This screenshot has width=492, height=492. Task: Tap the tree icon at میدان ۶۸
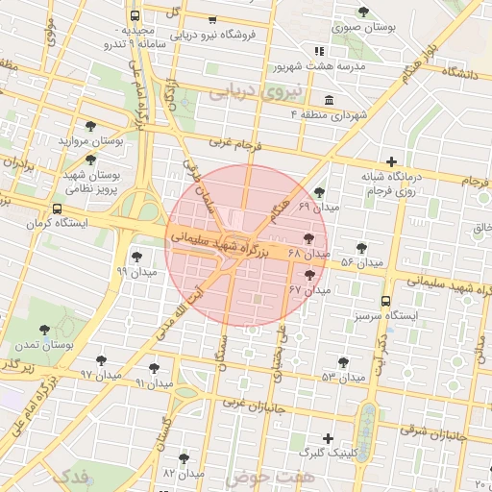tap(308, 238)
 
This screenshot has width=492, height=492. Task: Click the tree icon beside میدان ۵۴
tap(361, 248)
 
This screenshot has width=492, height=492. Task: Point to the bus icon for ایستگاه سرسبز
tap(385, 301)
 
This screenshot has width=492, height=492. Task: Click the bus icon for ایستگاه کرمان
tap(58, 209)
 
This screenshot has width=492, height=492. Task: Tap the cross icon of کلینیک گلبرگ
tap(329, 438)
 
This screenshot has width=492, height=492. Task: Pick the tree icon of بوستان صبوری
tap(363, 12)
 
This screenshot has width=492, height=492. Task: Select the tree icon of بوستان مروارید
tap(90, 126)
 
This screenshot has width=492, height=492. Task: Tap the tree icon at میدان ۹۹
tap(137, 256)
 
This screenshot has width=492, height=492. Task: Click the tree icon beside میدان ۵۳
tap(343, 362)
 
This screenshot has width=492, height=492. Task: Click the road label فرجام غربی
tap(233, 143)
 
